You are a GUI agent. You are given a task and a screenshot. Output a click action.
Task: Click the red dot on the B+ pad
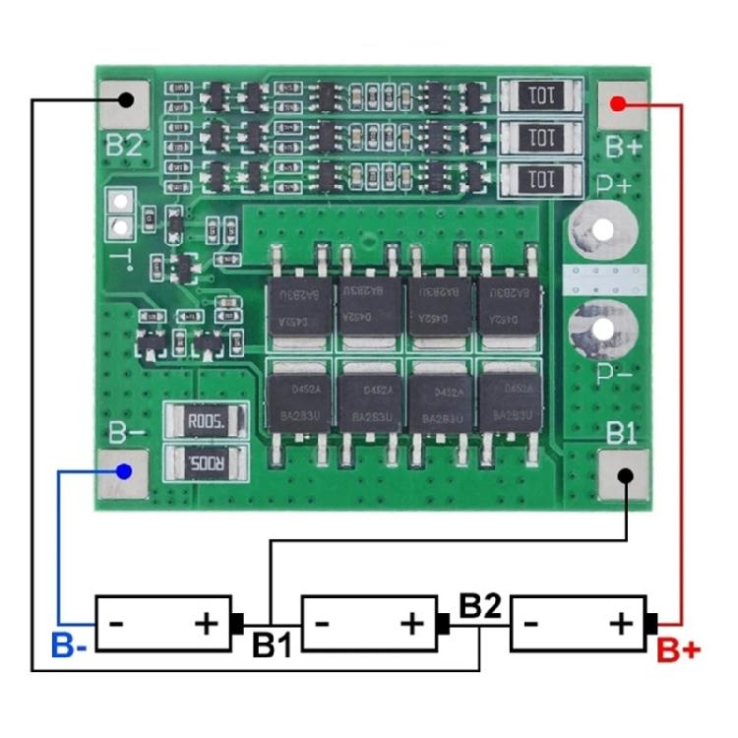pos(617,102)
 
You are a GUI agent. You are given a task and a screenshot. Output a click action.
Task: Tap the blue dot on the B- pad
pos(123,471)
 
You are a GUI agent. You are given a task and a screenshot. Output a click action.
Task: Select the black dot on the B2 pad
pos(126,99)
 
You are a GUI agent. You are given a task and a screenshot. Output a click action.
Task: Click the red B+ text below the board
pos(678,650)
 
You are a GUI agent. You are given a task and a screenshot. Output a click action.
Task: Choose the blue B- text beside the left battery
pos(70,646)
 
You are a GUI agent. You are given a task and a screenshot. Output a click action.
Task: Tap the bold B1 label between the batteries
pos(272,646)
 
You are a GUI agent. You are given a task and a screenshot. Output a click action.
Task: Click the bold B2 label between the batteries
pos(481,605)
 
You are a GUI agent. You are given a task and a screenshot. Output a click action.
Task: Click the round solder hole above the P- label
pos(602,328)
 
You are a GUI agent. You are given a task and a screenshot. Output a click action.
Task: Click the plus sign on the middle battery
pos(412,623)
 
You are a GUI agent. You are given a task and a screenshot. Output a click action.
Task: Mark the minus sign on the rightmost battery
pos(531,623)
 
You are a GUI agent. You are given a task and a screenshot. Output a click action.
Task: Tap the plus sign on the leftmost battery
pos(206,623)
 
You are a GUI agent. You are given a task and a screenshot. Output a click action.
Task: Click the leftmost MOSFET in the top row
pos(299,304)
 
